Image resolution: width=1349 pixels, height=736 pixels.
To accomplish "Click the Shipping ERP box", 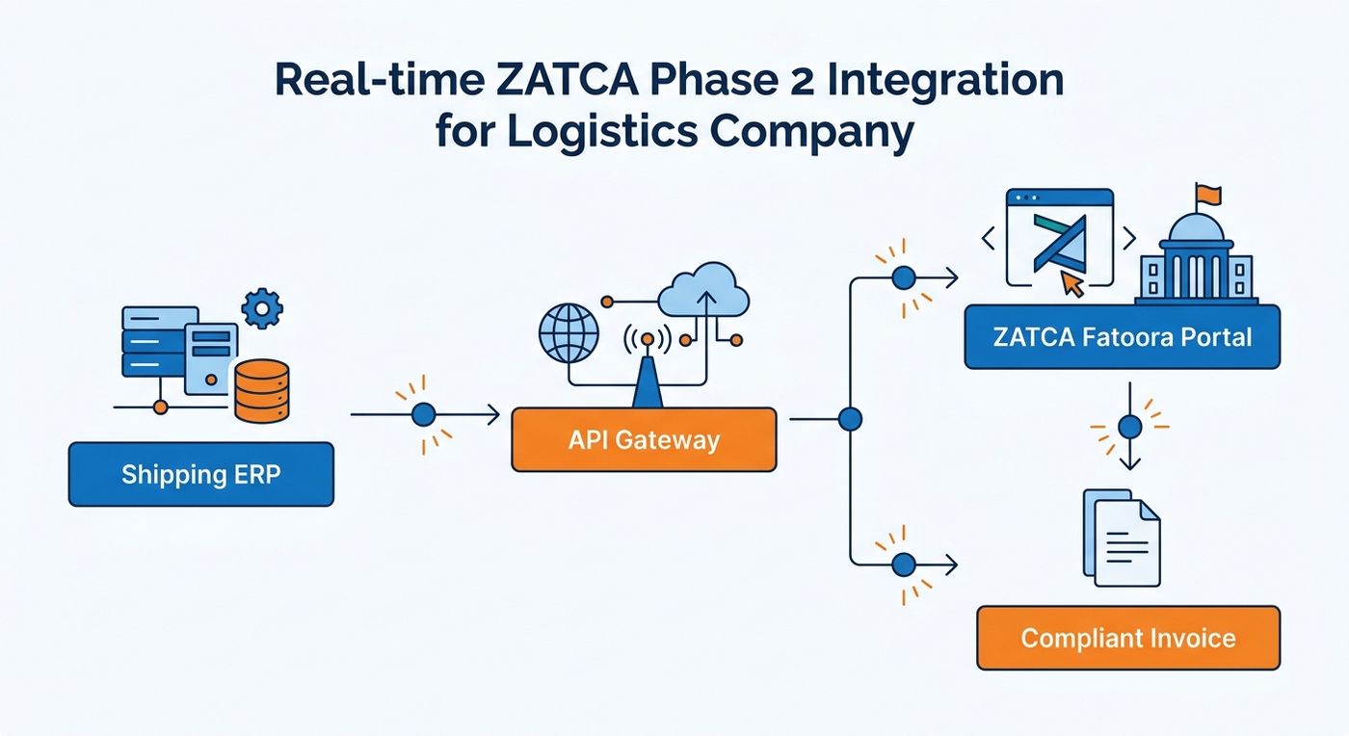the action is (x=201, y=474).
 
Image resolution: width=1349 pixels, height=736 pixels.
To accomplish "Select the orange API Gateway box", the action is (x=644, y=439).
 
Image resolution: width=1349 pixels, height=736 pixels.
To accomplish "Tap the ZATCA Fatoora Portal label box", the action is (x=1122, y=336).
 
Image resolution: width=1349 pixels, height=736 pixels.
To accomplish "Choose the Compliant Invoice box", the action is (x=1128, y=638).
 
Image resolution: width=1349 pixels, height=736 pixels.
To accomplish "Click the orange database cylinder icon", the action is (x=262, y=391).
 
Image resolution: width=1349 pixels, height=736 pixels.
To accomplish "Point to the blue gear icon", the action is (x=262, y=308).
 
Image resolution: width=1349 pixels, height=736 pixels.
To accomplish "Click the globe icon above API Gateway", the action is (x=569, y=333).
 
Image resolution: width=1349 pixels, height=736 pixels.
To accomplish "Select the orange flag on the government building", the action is (x=1208, y=195).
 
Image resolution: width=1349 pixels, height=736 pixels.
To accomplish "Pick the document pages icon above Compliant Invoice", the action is (x=1122, y=538).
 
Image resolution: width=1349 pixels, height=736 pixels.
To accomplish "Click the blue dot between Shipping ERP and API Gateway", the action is (x=423, y=414).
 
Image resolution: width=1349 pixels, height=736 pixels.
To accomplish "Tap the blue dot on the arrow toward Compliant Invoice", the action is (x=904, y=565).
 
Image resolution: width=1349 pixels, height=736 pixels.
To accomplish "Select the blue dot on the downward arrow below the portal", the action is (x=1129, y=427).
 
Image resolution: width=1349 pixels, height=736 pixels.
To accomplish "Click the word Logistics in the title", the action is (x=603, y=131).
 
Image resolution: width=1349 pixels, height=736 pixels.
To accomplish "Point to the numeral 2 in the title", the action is (x=802, y=80).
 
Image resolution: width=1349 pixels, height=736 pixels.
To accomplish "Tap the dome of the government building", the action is (x=1196, y=227).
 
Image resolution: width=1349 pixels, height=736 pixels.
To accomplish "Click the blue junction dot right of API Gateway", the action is (x=850, y=419).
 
